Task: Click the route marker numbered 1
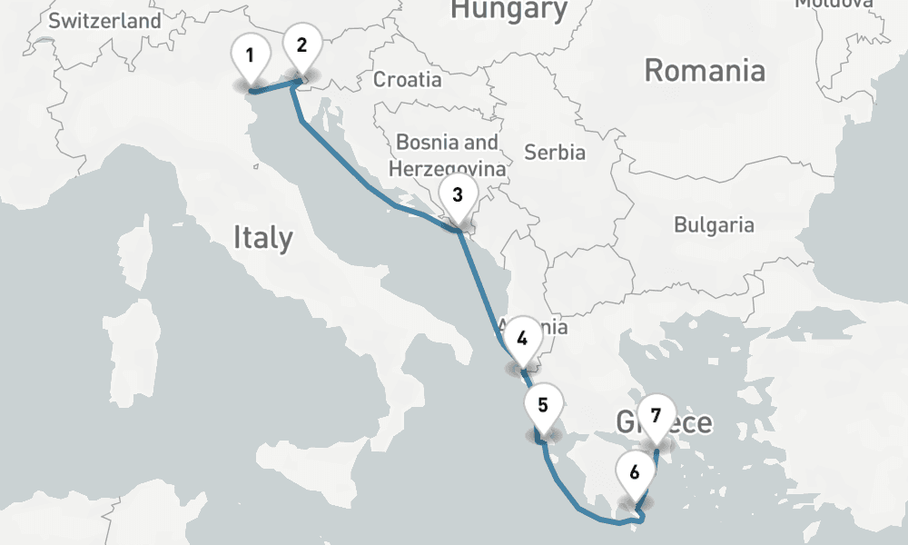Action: pos(250,55)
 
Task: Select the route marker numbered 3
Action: pos(457,195)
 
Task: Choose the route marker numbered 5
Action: pos(542,406)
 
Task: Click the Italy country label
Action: pos(263,238)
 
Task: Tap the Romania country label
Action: pos(705,70)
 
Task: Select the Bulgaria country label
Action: pos(714,224)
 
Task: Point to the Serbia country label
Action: pos(555,153)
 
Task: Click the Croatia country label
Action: pos(408,80)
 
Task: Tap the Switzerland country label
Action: pos(105,21)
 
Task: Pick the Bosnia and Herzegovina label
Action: pos(447,155)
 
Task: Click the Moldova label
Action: pos(834,4)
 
